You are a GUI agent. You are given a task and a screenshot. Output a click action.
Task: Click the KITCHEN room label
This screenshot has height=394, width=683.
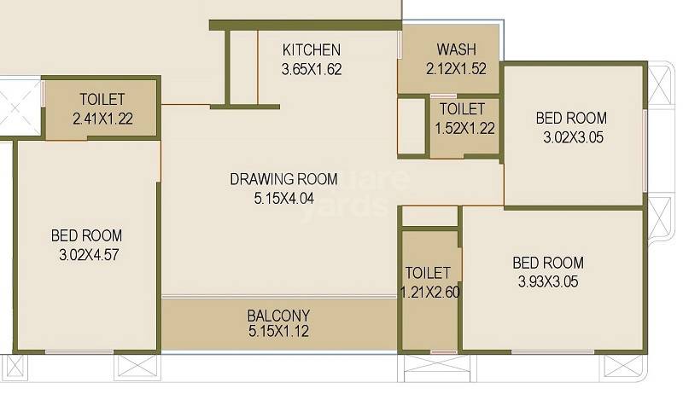[312, 50]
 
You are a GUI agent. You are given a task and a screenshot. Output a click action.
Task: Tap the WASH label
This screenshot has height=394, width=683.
[456, 49]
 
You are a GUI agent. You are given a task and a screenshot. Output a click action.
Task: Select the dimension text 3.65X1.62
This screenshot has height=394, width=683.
[312, 70]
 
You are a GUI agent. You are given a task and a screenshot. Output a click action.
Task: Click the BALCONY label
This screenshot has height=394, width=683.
[278, 315]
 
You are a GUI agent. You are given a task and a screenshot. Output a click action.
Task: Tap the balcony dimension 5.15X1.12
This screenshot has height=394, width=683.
[278, 332]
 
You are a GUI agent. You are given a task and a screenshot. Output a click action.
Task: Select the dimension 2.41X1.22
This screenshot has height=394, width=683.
[102, 119]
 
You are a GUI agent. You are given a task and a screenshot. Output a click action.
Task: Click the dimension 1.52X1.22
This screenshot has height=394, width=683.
[463, 128]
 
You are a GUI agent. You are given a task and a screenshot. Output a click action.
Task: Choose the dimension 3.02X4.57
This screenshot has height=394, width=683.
[86, 254]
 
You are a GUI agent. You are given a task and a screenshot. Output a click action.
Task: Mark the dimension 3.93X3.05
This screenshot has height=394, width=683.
[548, 281]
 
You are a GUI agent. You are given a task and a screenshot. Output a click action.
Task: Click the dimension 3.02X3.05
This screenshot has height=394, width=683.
[572, 136]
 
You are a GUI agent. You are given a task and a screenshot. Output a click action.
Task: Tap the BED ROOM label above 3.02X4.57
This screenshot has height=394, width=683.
[86, 235]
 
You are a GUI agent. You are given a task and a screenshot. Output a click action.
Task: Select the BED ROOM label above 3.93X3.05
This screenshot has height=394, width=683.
[548, 262]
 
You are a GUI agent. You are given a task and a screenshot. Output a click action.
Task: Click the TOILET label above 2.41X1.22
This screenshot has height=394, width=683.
[102, 99]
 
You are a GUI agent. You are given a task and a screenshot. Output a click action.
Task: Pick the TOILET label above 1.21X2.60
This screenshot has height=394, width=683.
[428, 273]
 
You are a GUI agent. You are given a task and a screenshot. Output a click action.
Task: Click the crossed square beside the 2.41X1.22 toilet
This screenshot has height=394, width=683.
[20, 107]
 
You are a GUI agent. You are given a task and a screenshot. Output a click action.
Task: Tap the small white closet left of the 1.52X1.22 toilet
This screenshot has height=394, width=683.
[412, 125]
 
